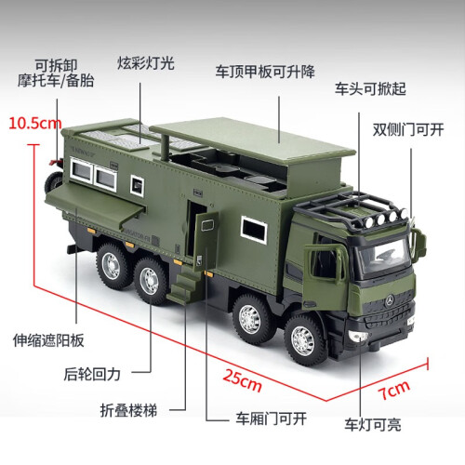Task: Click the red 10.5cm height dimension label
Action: point(35,124)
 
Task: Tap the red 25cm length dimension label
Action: point(242,380)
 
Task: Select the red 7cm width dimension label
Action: point(393,391)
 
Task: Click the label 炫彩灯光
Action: point(146,63)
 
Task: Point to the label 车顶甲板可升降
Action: point(265,72)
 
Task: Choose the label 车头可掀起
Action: point(370,88)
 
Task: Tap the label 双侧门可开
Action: point(408,129)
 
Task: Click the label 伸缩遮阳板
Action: point(48,340)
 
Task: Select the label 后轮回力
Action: point(92,374)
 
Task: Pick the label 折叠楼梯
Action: point(128,410)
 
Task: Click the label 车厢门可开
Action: point(272,418)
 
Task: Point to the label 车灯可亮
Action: point(373,425)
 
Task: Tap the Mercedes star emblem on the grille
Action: point(390,300)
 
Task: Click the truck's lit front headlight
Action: point(357,337)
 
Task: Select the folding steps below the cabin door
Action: point(182,286)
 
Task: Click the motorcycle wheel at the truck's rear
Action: point(53,183)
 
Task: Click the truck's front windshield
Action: point(385,255)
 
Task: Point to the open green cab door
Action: point(325,276)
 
